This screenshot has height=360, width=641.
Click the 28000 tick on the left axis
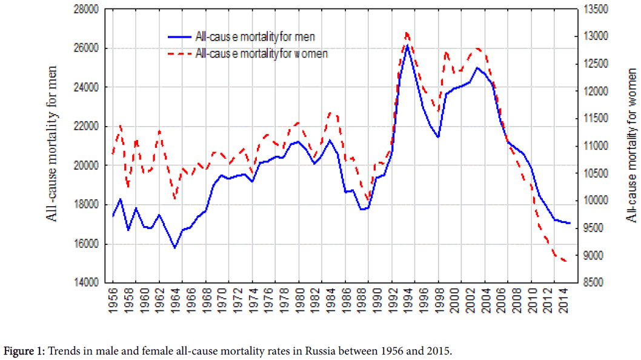(x=86, y=10)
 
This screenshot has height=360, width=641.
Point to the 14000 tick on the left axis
(x=86, y=282)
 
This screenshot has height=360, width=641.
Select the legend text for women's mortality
(x=262, y=53)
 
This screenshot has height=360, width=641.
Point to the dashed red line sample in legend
(x=179, y=53)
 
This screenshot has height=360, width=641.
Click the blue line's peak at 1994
(x=407, y=45)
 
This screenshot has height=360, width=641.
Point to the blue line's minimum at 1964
(x=175, y=247)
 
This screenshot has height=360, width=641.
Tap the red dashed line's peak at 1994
(x=407, y=32)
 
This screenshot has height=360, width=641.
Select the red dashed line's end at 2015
(x=567, y=261)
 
